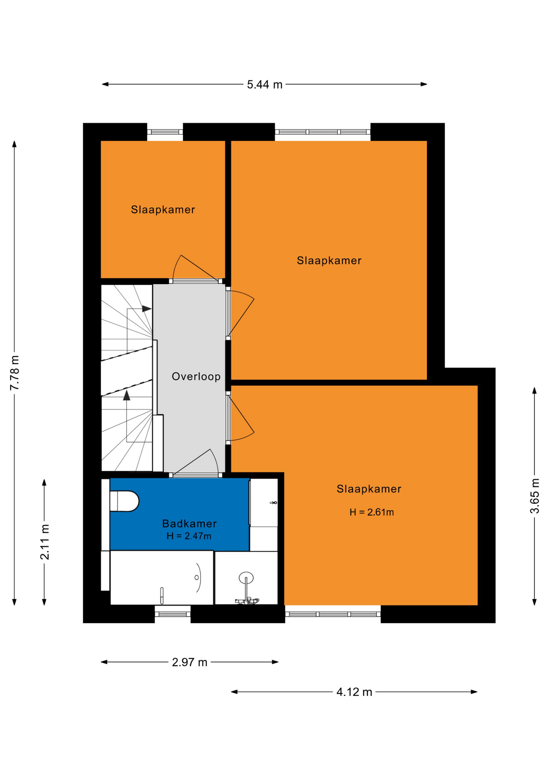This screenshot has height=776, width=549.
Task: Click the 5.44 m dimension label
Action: (x=264, y=84)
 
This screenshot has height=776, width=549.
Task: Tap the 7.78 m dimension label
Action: (x=15, y=373)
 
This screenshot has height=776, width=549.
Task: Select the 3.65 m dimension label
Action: (x=534, y=496)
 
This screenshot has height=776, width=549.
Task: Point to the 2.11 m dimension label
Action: (x=44, y=542)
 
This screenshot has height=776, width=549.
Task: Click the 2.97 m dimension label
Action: (x=190, y=662)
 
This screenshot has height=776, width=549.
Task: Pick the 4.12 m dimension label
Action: (x=354, y=692)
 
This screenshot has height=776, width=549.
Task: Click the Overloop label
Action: (x=196, y=377)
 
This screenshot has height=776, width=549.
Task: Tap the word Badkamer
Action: (x=189, y=524)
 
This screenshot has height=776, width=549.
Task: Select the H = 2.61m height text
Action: (x=372, y=512)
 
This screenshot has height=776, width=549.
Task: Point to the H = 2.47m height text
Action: (x=189, y=536)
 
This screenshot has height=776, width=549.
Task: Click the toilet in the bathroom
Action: (x=124, y=501)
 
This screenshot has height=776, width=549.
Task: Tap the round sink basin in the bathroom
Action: (x=246, y=578)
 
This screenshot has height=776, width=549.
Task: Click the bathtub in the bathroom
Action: (x=162, y=578)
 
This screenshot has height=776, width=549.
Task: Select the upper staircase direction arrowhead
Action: (x=147, y=309)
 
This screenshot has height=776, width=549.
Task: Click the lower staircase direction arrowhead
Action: (x=127, y=395)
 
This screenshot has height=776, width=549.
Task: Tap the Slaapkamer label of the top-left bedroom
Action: (x=163, y=210)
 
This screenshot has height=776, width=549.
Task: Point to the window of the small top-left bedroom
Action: (x=165, y=132)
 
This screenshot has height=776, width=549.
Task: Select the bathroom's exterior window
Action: (x=173, y=614)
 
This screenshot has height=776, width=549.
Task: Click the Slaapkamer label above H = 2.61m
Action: (x=369, y=489)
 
